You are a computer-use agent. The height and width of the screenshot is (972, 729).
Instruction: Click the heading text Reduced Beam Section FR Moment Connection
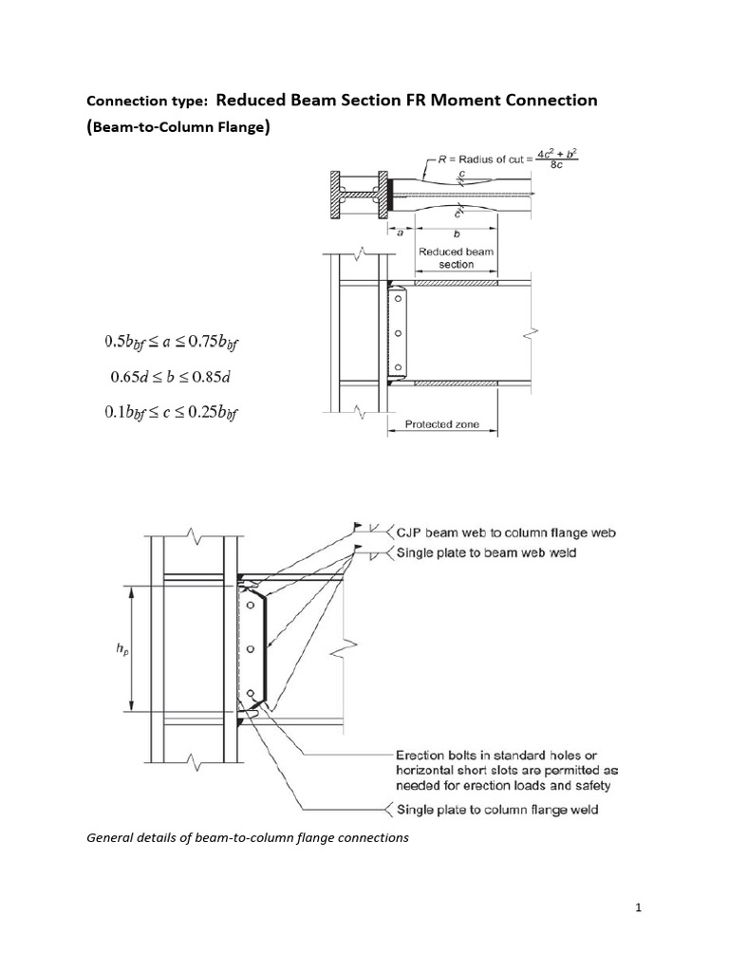[407, 101]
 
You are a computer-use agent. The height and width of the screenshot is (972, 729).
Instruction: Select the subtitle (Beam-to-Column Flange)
[178, 128]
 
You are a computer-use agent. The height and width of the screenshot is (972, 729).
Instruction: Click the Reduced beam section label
[457, 258]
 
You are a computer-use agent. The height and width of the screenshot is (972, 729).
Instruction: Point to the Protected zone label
[441, 424]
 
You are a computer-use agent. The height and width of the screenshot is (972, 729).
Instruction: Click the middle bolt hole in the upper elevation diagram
[399, 333]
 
